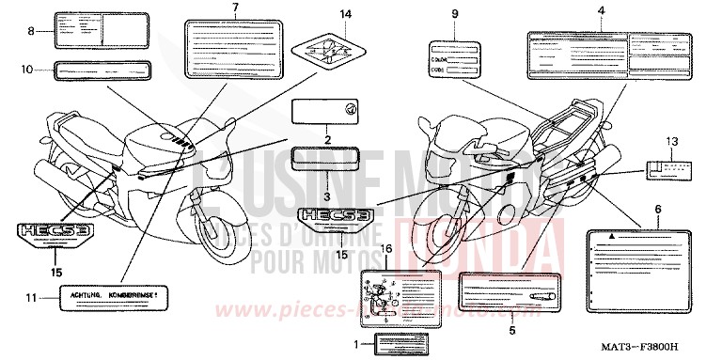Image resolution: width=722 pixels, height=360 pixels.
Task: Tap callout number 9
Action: pyautogui.click(x=455, y=14)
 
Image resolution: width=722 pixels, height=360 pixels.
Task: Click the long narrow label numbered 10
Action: pyautogui.click(x=102, y=70)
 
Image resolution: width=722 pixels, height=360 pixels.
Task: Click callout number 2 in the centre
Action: pyautogui.click(x=327, y=140)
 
